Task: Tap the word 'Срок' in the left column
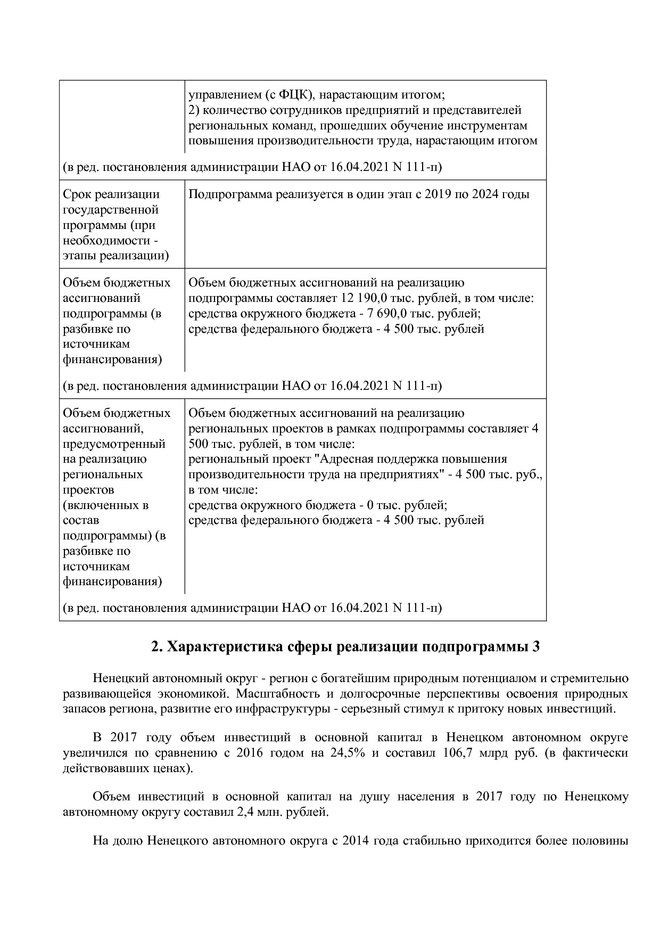[x=77, y=194]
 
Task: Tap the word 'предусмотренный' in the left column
[x=114, y=444]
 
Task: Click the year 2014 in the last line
[x=357, y=842]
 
